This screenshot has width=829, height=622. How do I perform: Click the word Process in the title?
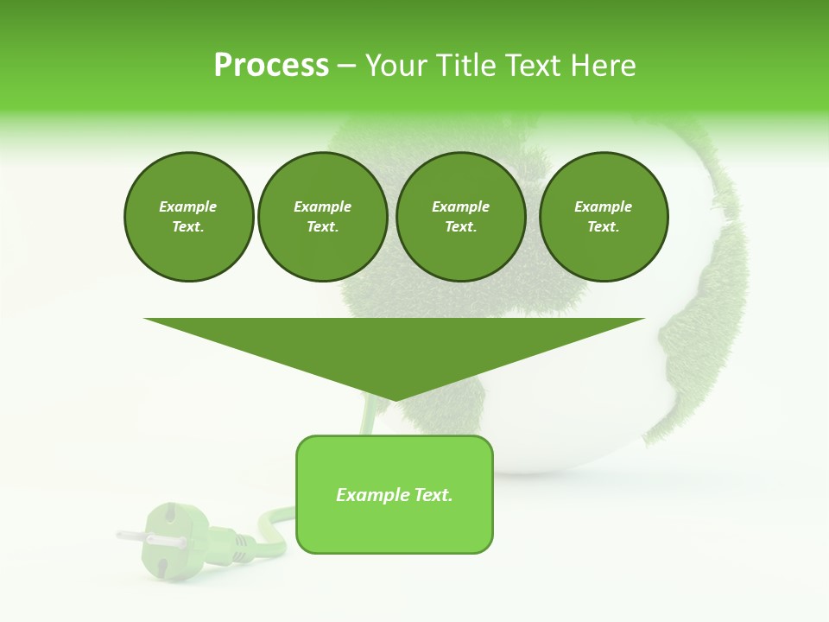[x=271, y=66]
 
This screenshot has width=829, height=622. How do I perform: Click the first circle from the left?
[x=188, y=217]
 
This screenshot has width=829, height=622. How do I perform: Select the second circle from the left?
[x=322, y=217]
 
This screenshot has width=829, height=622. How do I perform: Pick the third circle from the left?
[x=460, y=217]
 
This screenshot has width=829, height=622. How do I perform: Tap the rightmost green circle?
[x=603, y=217]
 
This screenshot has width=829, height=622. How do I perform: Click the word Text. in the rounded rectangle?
[x=433, y=495]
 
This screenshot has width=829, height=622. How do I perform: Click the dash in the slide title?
[x=346, y=66]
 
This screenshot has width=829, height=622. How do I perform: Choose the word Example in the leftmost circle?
[x=188, y=206]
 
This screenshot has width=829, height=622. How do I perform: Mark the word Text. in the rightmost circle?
[x=603, y=226]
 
